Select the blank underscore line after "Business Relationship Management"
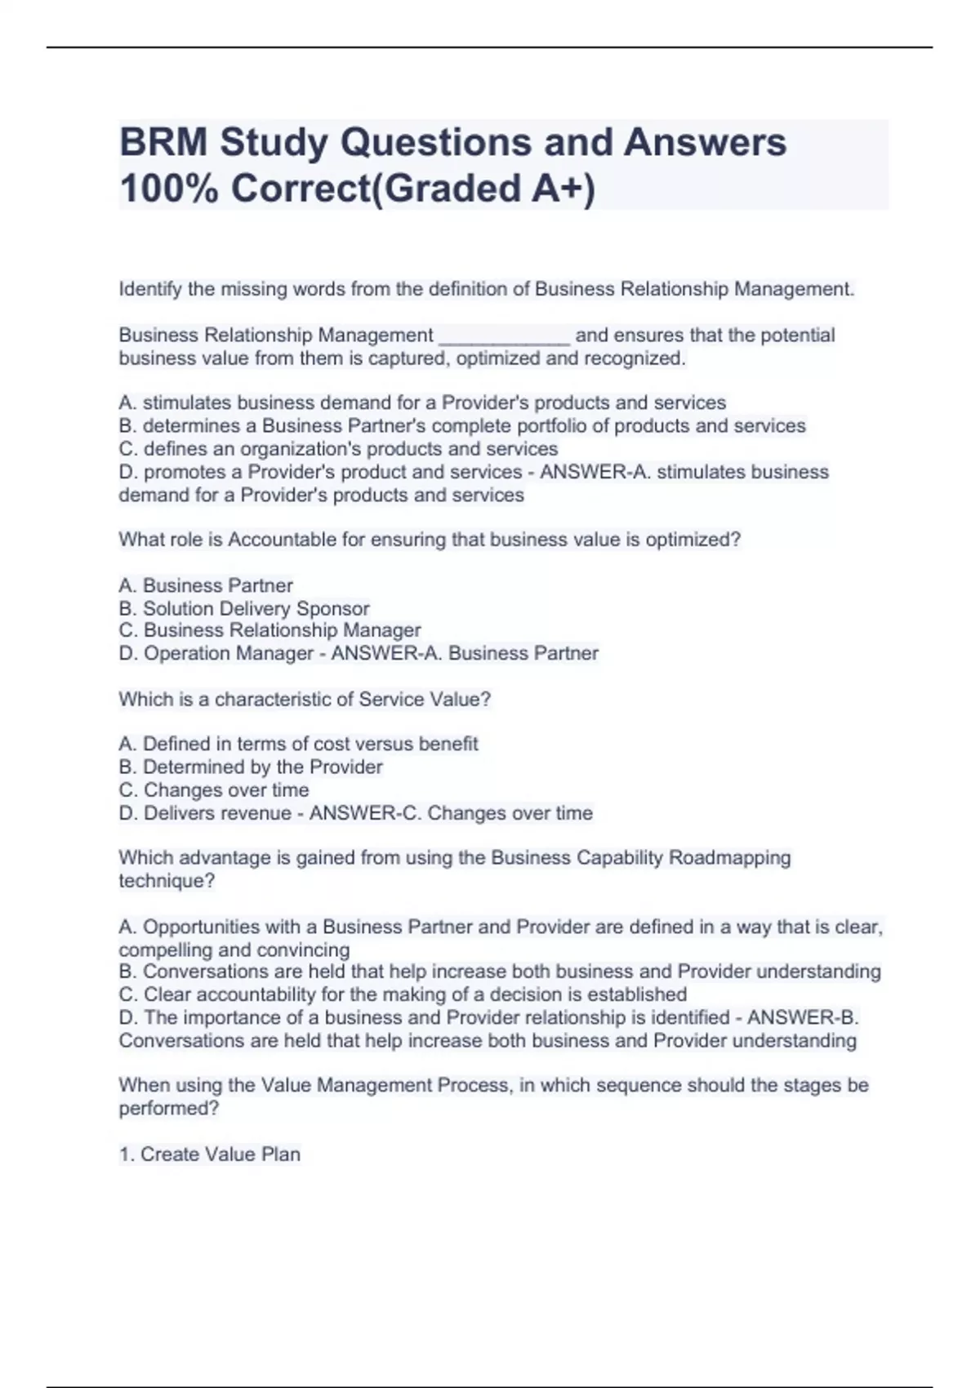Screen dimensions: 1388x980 pos(504,336)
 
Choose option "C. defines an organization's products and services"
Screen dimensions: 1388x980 pos(338,449)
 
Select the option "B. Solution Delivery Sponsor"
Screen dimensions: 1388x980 pos(244,608)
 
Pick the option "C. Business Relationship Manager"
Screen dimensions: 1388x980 pos(269,630)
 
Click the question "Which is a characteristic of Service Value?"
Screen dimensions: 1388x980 pos(305,700)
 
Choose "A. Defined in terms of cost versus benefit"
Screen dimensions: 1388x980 pos(298,744)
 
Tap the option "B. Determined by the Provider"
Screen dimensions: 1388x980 pos(251,767)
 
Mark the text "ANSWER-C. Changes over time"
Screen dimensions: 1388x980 pos(451,813)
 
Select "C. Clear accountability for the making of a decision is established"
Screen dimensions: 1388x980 pos(403,994)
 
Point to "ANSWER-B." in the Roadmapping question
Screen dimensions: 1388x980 pos(803,1017)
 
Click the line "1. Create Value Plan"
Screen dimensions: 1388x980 pos(210,1154)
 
